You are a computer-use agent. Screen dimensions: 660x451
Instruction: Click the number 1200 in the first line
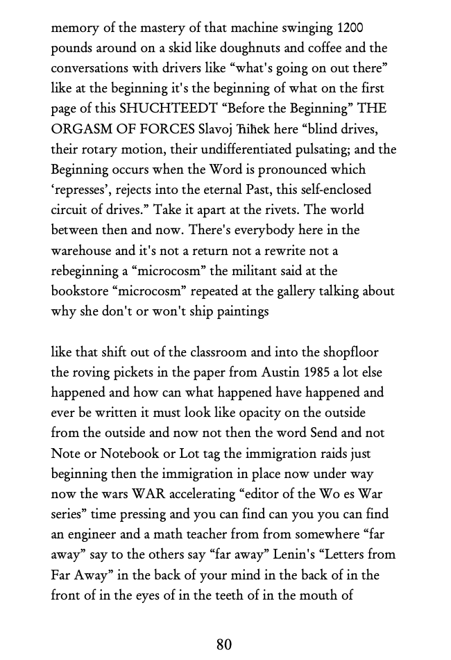tap(350, 28)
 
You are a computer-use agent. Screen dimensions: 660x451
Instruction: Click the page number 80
tap(223, 644)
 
